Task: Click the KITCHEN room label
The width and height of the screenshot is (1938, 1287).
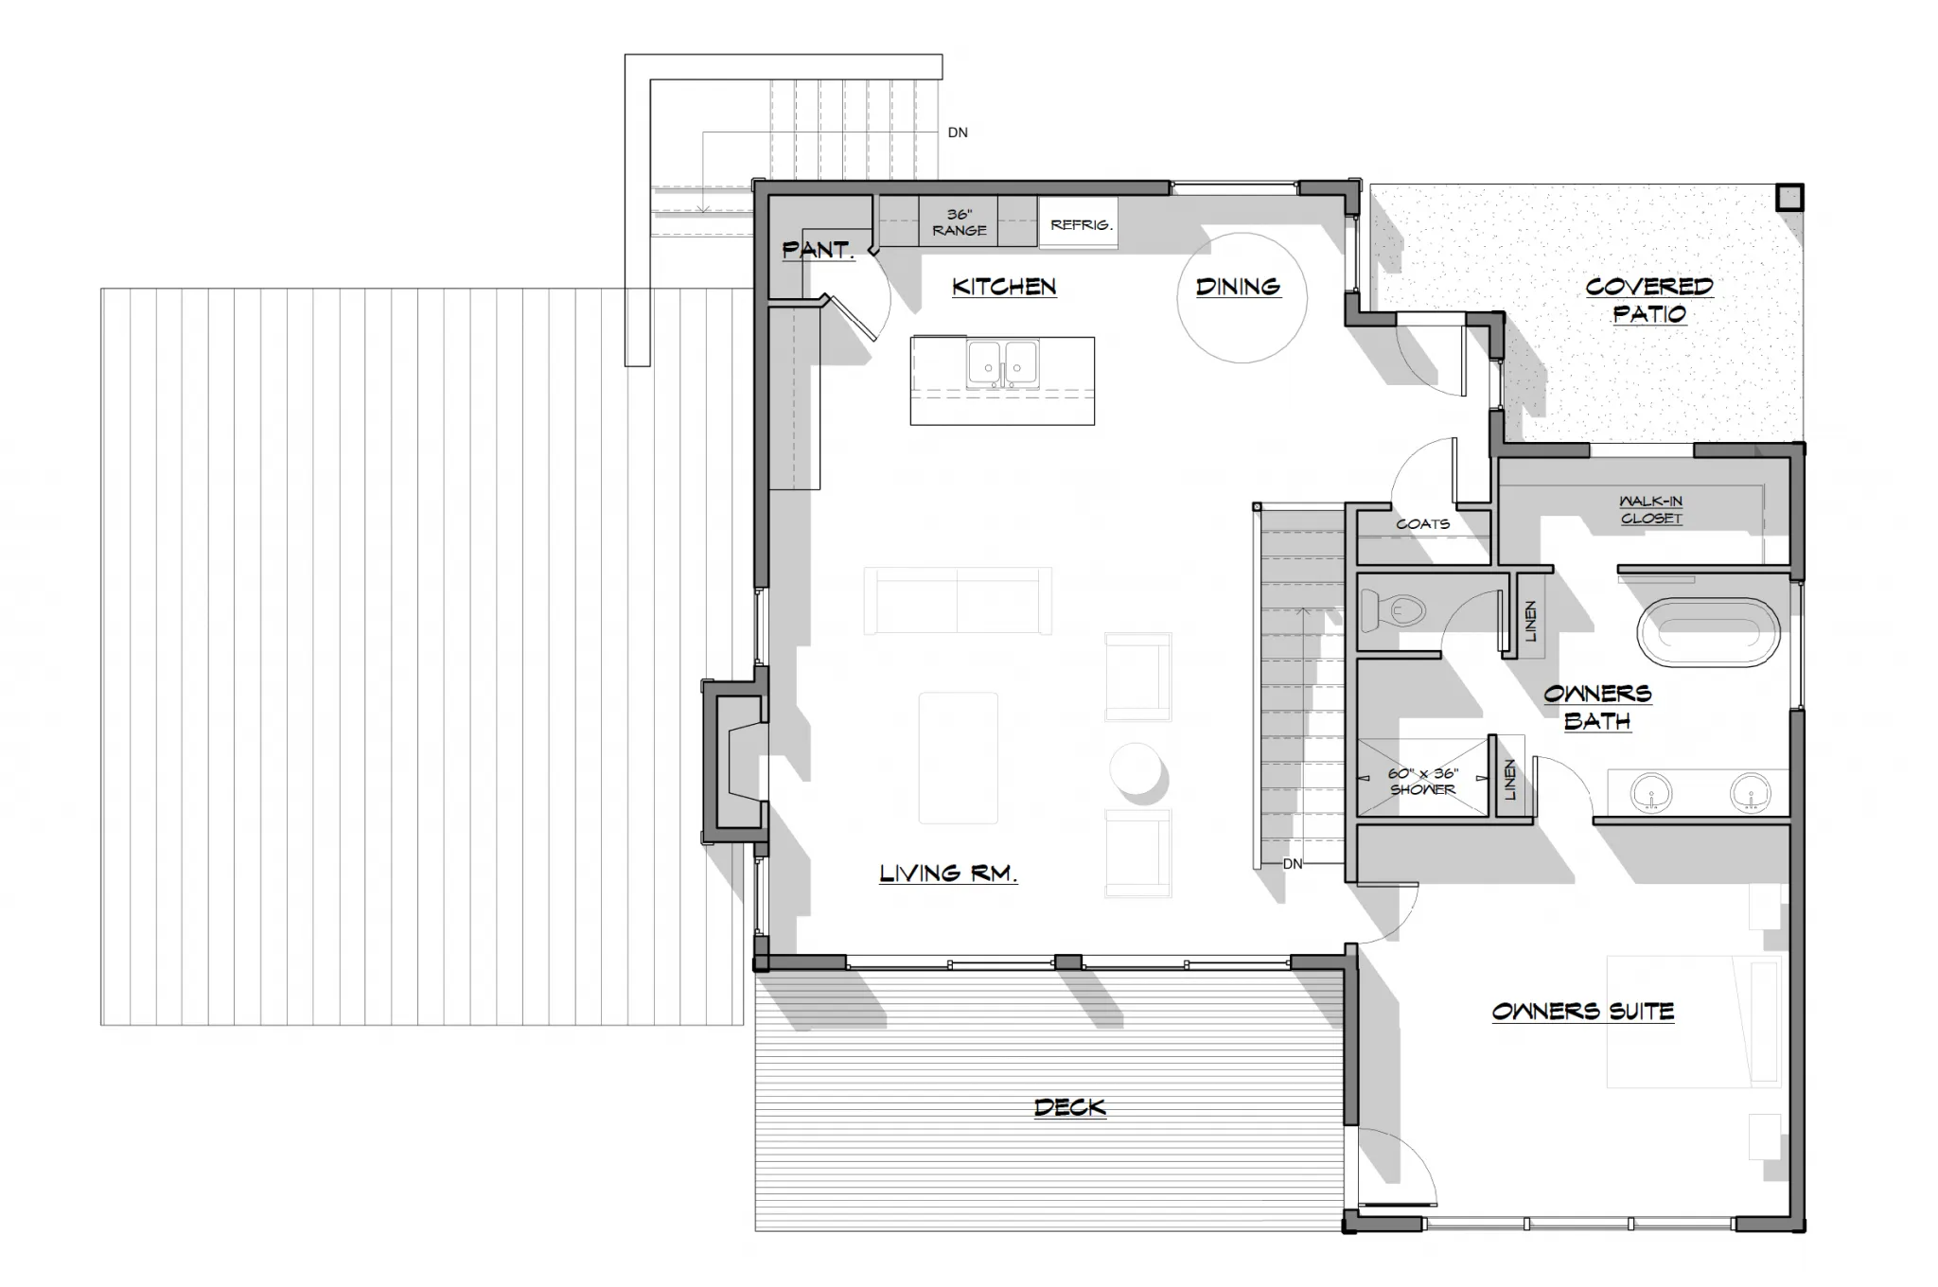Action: tap(1004, 287)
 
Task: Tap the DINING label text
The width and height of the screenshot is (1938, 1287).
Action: tap(1238, 287)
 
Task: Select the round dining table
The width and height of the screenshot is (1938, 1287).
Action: tap(1242, 298)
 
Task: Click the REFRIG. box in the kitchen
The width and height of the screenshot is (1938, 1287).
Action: tap(1079, 223)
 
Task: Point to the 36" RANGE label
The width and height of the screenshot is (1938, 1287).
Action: tap(959, 222)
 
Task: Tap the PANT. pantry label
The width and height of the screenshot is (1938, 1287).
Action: tap(819, 250)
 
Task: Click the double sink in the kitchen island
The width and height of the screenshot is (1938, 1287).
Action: tap(1002, 363)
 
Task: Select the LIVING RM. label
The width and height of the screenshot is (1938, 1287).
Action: tap(948, 873)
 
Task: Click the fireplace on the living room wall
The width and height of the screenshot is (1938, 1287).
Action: tap(734, 761)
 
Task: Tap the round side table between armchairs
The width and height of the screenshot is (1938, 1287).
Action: tap(1135, 768)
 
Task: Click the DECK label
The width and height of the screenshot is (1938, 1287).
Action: tap(1070, 1107)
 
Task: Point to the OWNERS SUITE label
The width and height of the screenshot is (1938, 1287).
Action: tap(1583, 1012)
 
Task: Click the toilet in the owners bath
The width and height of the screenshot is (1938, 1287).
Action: tap(1392, 610)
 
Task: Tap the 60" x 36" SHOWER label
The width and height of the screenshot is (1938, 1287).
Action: tap(1423, 781)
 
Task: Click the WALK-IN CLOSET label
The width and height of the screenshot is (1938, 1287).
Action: tap(1651, 509)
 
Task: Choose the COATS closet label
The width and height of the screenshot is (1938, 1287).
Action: tap(1422, 523)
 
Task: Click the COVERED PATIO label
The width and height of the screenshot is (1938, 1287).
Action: tap(1649, 299)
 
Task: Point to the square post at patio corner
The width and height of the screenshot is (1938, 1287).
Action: tap(1789, 197)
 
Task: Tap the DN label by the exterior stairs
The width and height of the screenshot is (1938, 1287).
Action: tap(958, 132)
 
